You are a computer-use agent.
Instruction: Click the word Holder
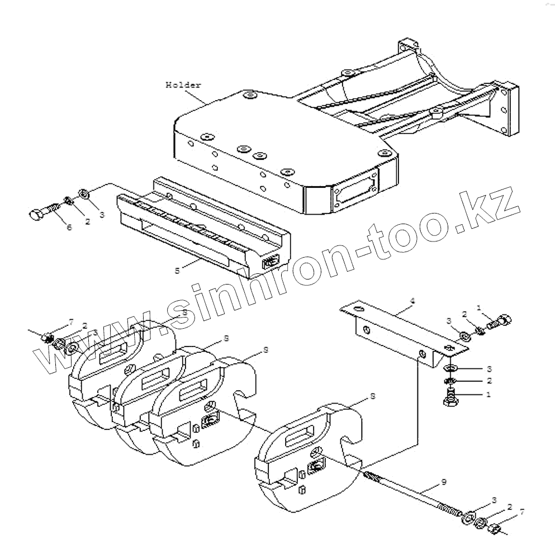(x=183, y=85)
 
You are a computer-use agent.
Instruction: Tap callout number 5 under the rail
(x=177, y=270)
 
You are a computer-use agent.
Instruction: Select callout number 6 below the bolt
(x=69, y=228)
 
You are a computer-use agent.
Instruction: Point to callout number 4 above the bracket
(x=412, y=301)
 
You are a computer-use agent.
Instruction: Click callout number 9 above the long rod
(x=443, y=481)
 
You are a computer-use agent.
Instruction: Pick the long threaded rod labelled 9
(x=414, y=492)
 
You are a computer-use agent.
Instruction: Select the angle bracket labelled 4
(x=402, y=330)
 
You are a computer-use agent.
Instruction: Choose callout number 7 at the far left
(x=71, y=323)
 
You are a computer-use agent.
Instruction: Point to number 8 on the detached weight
(x=372, y=396)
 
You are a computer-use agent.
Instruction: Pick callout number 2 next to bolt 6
(x=88, y=221)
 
